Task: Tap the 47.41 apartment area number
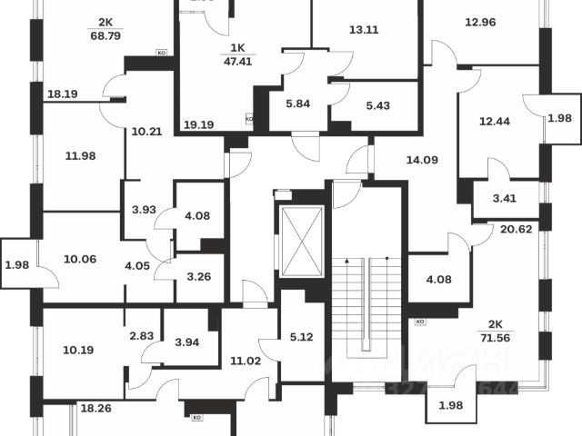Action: point(239,63)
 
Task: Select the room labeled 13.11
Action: point(365,29)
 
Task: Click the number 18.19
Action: point(62,94)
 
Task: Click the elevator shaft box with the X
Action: point(302,241)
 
